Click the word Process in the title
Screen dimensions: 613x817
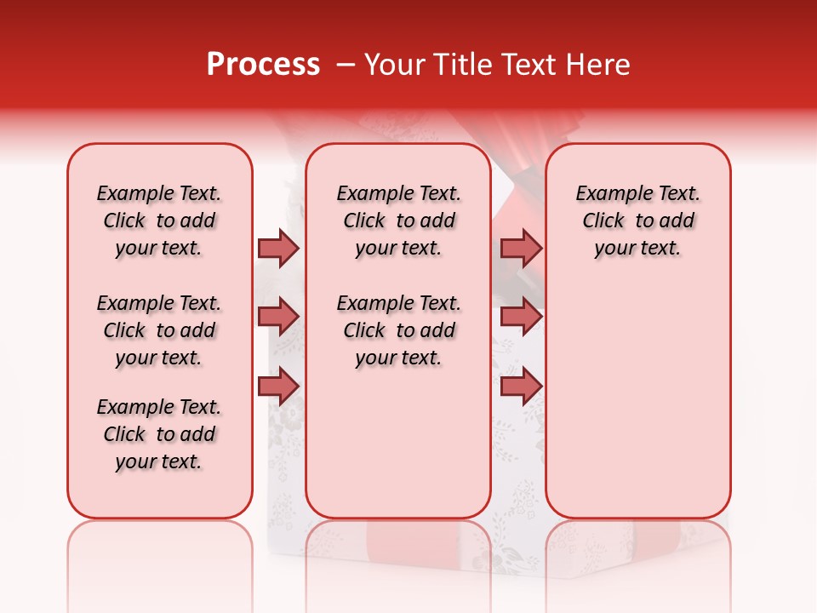(263, 65)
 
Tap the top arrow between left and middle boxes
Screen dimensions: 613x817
(278, 249)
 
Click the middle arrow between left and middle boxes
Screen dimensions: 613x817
(278, 317)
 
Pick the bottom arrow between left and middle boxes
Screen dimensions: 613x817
(278, 386)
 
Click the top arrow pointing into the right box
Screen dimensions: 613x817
(521, 249)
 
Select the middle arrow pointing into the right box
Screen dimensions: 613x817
(521, 317)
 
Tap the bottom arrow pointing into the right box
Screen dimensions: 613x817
(521, 386)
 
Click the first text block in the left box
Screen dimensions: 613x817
(159, 221)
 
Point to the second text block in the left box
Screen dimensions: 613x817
(159, 330)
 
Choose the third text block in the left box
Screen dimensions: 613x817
(159, 434)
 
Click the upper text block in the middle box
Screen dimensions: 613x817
(398, 221)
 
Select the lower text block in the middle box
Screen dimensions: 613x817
(398, 330)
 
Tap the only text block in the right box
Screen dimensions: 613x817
(637, 221)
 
